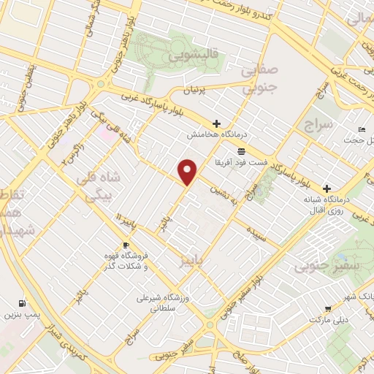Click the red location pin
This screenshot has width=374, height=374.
pos(188,172)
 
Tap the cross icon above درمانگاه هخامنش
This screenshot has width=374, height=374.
pos(215,123)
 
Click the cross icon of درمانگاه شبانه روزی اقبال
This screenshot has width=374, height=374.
pos(327,187)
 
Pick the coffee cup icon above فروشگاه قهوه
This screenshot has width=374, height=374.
pos(126,245)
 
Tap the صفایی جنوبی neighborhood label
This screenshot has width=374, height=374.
pos(259,78)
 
